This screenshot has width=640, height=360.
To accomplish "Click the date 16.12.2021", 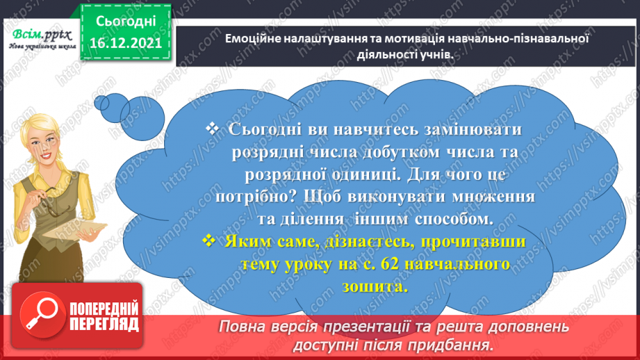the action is [126, 42].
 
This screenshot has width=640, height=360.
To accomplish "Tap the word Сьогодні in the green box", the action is [126, 22].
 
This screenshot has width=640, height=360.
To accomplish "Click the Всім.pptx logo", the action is [42, 39].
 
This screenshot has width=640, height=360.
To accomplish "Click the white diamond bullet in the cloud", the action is [212, 129].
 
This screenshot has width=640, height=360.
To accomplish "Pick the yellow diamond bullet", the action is [209, 240].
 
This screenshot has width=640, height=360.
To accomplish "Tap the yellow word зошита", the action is [375, 286].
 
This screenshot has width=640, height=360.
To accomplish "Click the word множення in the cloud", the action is [493, 197].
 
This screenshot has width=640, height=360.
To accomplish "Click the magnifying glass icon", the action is [42, 314].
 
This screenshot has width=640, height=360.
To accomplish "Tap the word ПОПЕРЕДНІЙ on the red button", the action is [104, 309].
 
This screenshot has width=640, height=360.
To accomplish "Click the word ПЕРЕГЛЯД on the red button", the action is [104, 325].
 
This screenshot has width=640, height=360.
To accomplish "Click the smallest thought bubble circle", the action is [101, 103].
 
